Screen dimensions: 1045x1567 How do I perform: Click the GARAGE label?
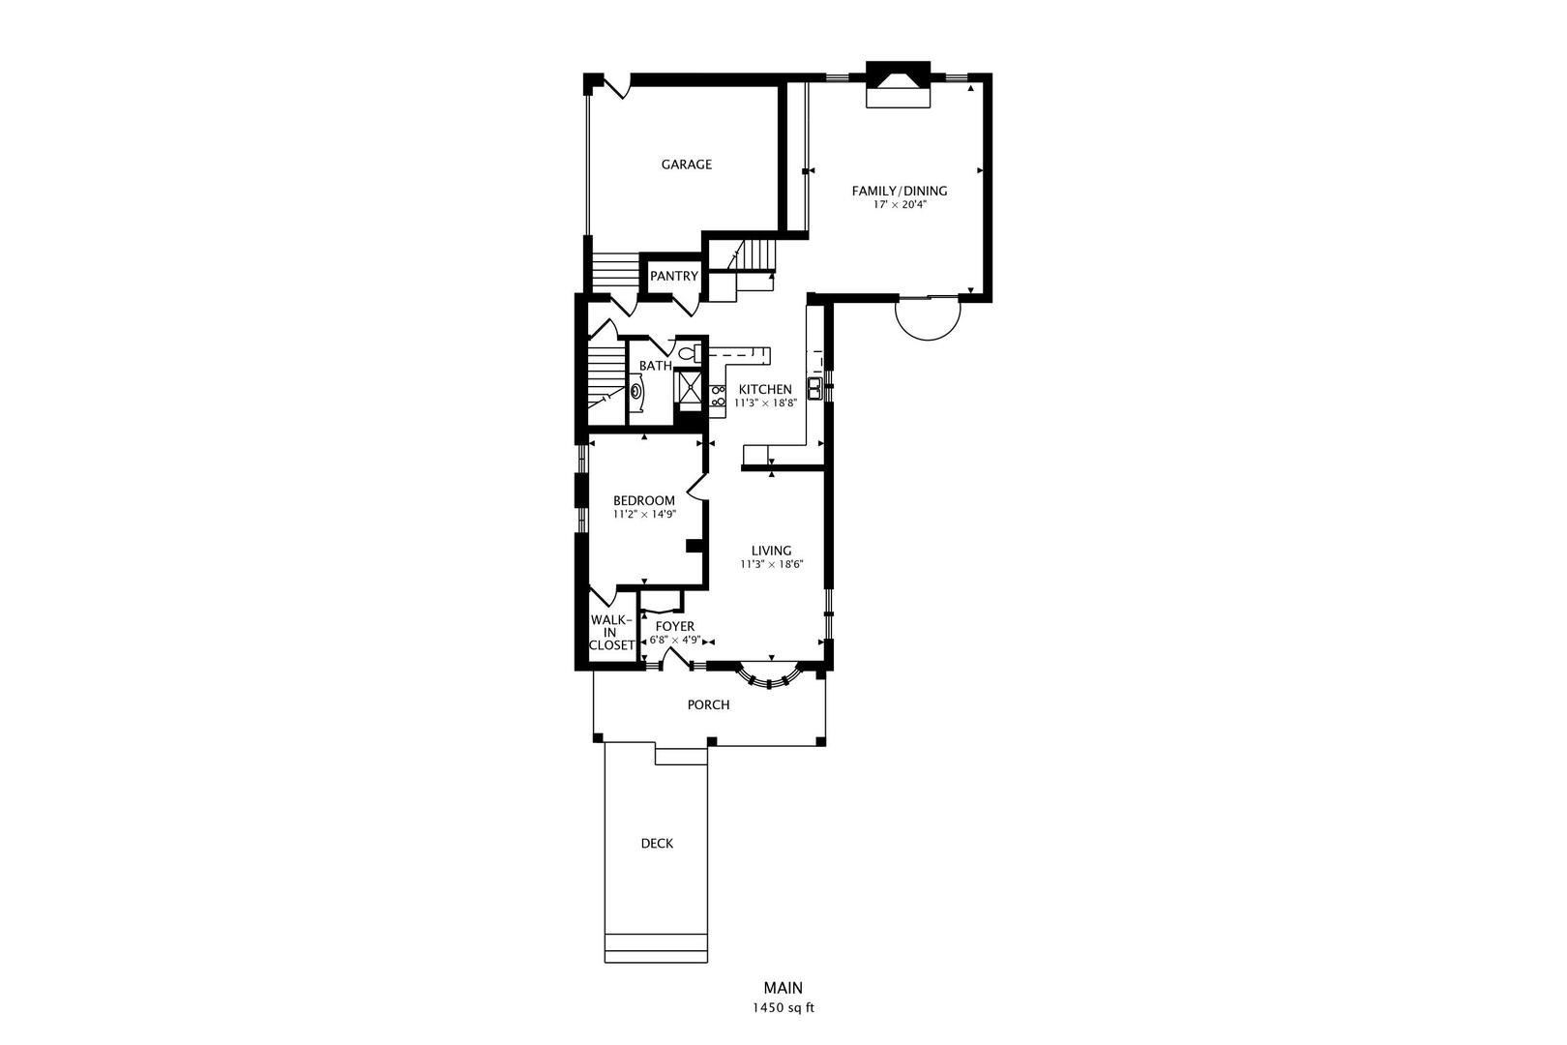[686, 164]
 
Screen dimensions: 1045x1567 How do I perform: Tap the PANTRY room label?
[673, 276]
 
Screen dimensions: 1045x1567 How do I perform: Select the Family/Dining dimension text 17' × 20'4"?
[900, 205]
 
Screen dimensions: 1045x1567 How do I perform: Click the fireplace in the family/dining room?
[897, 86]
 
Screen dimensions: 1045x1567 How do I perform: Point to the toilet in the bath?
[690, 353]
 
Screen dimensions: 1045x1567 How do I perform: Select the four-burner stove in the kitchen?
[718, 395]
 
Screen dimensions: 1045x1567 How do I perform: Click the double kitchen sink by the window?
[815, 389]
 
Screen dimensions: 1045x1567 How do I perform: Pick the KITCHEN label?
[765, 389]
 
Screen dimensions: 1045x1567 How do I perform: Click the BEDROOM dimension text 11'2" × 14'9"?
[643, 515]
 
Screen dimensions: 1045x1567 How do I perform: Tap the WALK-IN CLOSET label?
[611, 632]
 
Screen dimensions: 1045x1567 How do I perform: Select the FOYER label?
[674, 626]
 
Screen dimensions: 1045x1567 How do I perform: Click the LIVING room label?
[771, 551]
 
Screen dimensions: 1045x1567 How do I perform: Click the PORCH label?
[708, 704]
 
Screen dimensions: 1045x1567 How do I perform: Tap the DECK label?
[657, 843]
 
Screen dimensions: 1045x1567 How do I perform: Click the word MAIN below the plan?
[783, 988]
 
